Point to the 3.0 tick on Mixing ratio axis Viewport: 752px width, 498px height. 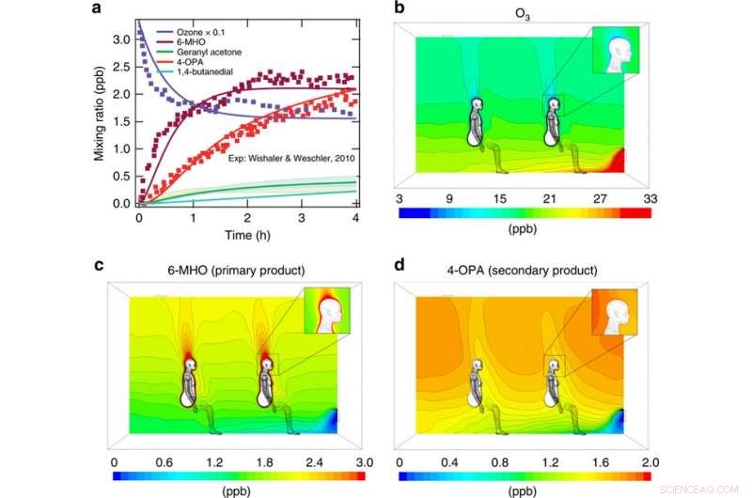(123, 40)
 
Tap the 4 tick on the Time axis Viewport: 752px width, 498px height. (355, 217)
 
